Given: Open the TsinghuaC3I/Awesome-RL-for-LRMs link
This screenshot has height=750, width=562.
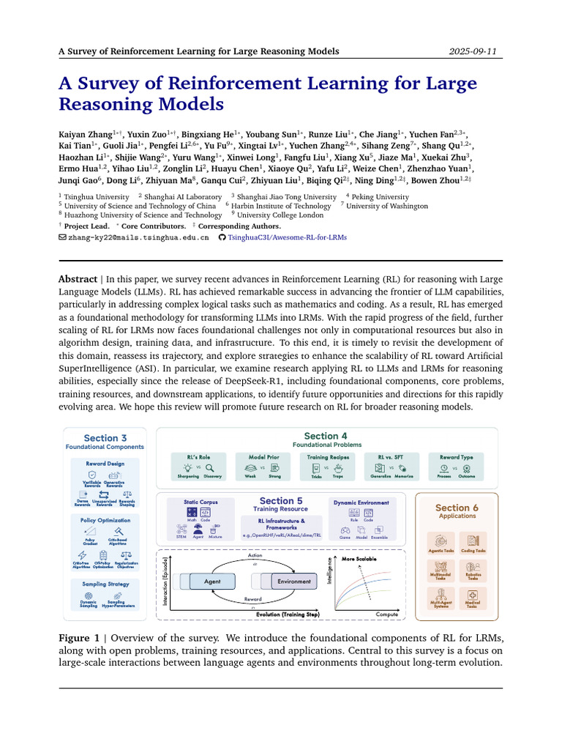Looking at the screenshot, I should pos(288,238).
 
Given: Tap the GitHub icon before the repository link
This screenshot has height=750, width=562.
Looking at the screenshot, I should pos(222,238).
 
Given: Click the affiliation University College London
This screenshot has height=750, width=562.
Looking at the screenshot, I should pos(280,215).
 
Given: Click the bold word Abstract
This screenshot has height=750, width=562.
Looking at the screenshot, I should pos(78,279).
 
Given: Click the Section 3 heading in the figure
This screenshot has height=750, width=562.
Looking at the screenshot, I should pos(105,439).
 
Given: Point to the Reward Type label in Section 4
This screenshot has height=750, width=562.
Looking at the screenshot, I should pos(456,457).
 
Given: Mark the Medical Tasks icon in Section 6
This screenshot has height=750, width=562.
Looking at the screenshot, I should pos(473,598).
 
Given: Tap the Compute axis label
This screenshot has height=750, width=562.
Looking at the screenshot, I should pos(387,615).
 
